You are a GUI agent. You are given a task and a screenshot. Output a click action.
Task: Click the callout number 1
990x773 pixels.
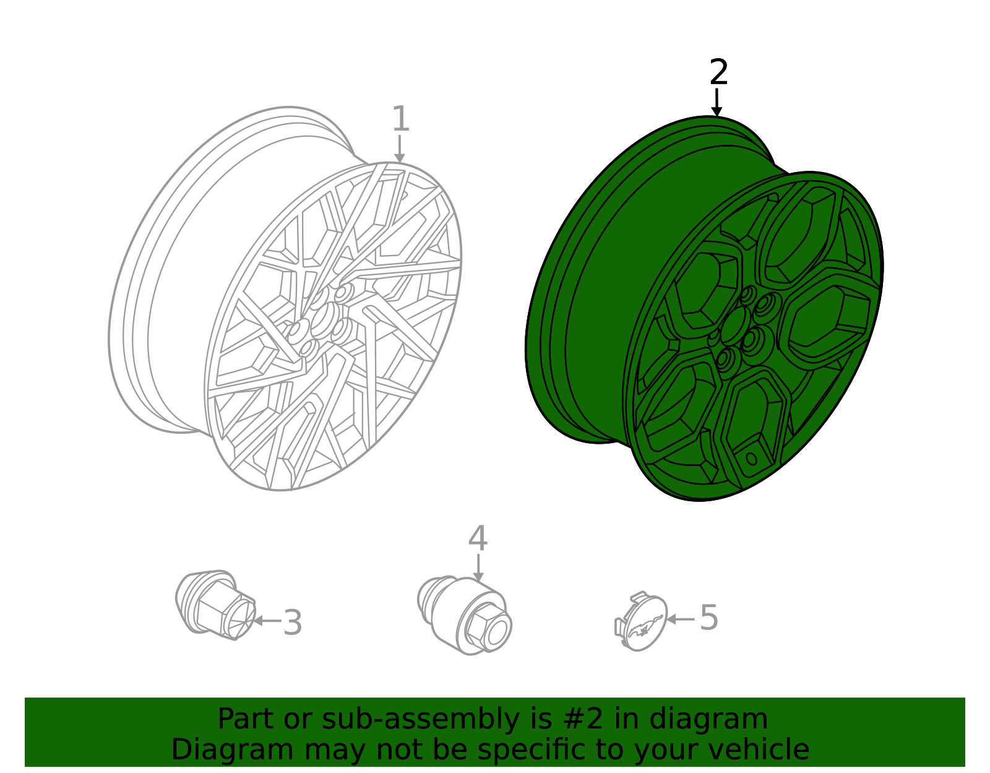tap(401, 119)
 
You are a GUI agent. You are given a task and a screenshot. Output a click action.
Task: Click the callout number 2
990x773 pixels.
tap(718, 72)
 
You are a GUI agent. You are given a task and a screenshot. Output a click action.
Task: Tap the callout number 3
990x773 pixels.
tap(292, 622)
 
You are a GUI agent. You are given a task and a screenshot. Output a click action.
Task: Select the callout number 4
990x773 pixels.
tap(477, 538)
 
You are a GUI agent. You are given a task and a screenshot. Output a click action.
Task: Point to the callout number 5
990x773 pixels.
tap(708, 618)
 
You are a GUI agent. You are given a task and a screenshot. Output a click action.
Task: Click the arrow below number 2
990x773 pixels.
tap(717, 103)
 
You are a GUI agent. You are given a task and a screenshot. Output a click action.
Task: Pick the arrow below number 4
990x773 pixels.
tap(478, 568)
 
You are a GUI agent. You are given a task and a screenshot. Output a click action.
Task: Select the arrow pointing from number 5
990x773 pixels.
tap(680, 618)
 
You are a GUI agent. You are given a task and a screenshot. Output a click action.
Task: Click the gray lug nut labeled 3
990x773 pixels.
tap(215, 605)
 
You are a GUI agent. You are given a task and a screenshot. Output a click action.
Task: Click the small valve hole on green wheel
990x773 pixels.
tap(752, 459)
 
